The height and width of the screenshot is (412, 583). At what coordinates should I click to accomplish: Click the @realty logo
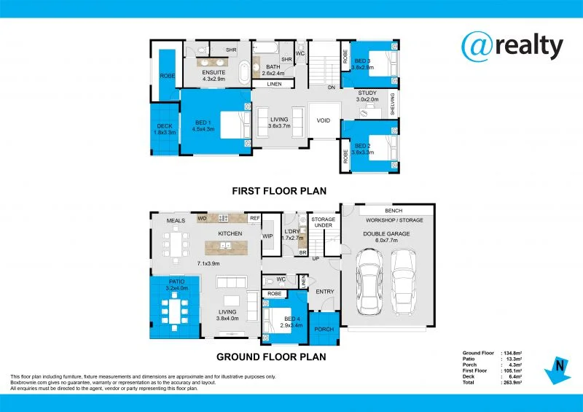click(512, 46)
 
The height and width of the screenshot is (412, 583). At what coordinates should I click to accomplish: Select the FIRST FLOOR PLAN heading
click(278, 191)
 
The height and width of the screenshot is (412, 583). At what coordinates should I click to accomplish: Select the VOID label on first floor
click(324, 121)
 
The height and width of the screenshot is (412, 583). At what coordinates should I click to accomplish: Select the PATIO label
click(176, 284)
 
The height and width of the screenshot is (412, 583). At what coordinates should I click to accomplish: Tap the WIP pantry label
click(267, 236)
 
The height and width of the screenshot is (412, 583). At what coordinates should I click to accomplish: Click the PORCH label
click(324, 329)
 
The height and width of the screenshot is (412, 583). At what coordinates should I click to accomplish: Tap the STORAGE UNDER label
click(323, 222)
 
